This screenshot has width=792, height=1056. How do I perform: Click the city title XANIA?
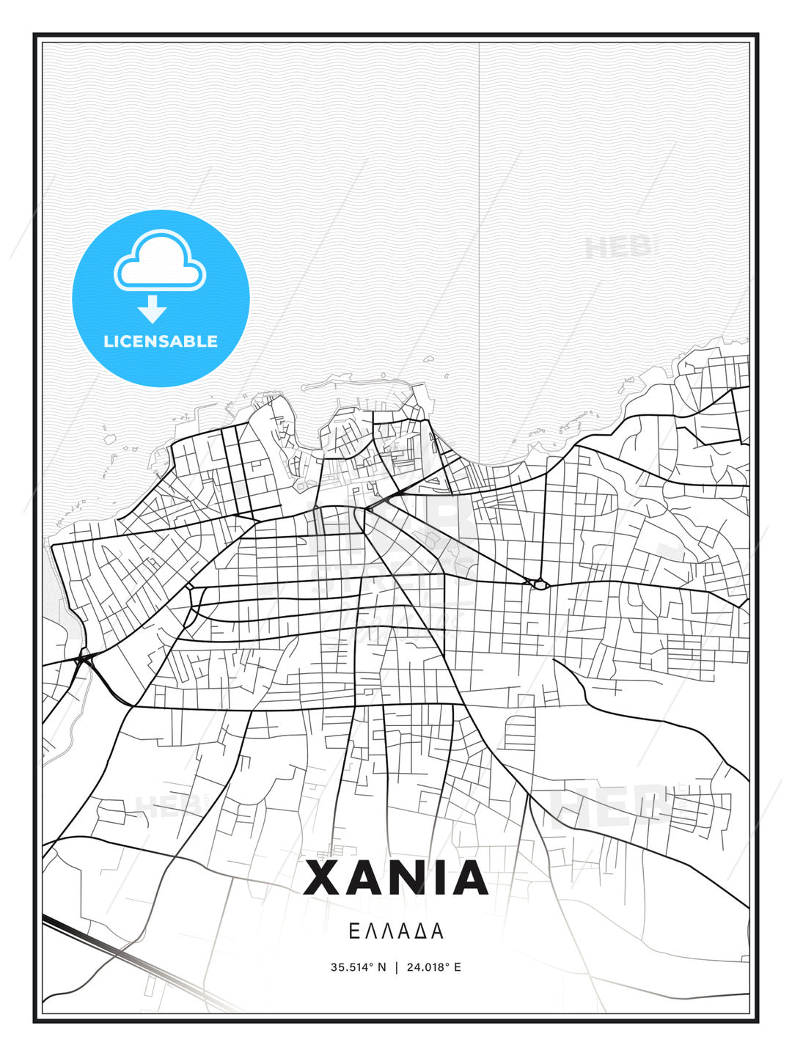coord(396,878)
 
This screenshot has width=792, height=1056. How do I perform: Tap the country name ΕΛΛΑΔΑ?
coord(396,931)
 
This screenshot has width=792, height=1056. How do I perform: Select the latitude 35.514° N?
coord(358,967)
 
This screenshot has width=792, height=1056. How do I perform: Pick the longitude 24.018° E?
coord(433,967)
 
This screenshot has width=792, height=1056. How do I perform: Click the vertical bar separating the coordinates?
coord(397,967)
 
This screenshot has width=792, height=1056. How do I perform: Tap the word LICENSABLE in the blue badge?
coord(161,341)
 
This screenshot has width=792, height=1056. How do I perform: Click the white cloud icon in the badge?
coord(160,263)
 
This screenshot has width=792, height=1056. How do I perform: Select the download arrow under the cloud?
coord(153,310)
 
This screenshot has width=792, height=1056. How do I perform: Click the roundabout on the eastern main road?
coord(540,584)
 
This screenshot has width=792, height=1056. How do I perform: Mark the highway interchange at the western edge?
coord(83,659)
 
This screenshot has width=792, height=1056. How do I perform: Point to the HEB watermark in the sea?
coord(618,247)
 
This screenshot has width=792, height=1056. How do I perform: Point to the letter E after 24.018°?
coord(458,967)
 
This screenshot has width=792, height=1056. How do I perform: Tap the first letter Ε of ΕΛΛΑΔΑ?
coord(353,931)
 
